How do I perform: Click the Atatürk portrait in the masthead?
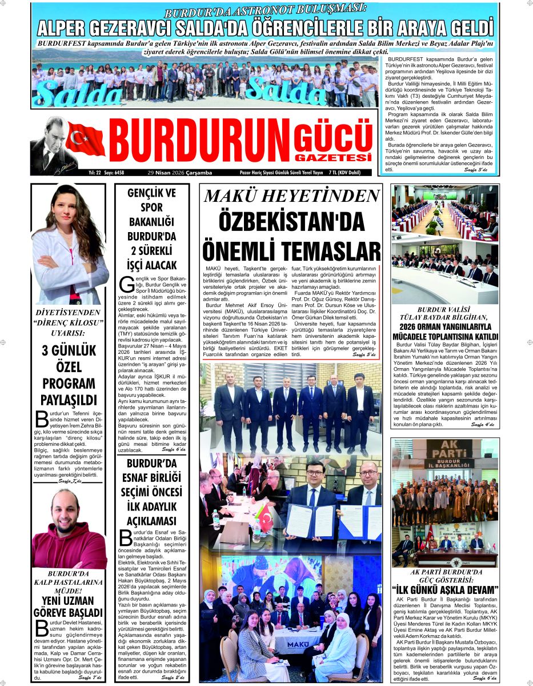(48, 145)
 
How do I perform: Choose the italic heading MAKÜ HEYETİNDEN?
(291, 196)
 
